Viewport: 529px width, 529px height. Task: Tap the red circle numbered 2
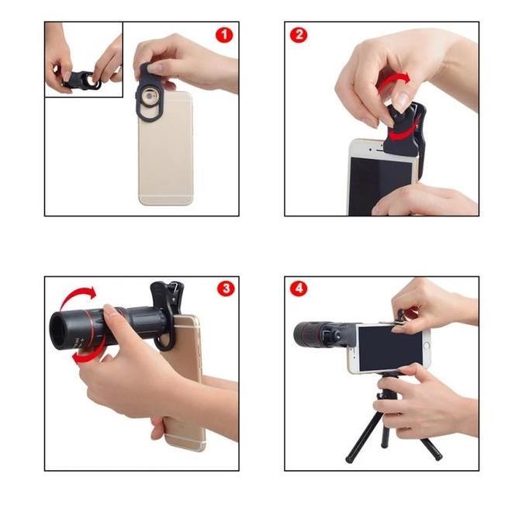coord(299,35)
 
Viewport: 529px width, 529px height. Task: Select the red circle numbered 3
coord(225,289)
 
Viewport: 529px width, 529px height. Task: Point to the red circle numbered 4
coord(299,289)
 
